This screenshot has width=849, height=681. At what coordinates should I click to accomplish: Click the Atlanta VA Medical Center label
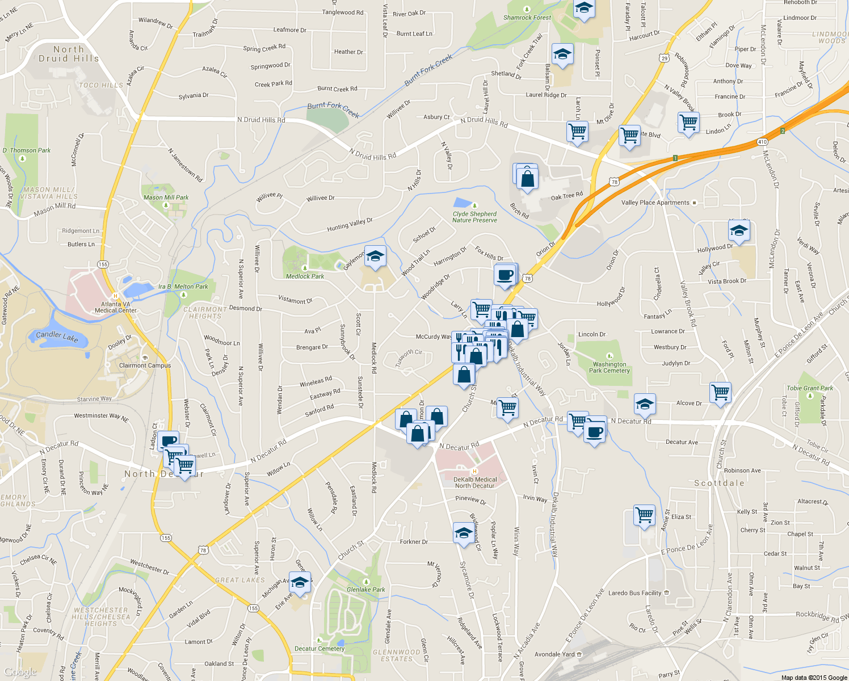[x=116, y=307]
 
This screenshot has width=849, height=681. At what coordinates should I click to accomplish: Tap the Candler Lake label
[x=57, y=336]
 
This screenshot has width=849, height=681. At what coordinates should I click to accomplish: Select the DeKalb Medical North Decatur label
[x=475, y=482]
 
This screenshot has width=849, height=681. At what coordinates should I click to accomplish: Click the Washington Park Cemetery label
[x=610, y=368]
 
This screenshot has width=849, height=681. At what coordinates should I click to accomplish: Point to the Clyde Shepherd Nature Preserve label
[x=474, y=217]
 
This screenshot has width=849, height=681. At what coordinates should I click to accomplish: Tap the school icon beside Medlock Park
[x=375, y=257]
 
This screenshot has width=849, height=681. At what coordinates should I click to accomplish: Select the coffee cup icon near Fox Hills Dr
[x=505, y=275]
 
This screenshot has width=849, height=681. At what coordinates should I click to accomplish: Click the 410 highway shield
[x=762, y=142]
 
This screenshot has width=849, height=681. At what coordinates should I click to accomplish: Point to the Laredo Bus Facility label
[x=634, y=593]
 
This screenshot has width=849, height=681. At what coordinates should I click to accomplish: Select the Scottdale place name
[x=719, y=484]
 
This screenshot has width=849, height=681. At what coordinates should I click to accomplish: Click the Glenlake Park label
[x=365, y=590]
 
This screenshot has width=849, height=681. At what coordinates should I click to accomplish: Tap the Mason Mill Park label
[x=166, y=197]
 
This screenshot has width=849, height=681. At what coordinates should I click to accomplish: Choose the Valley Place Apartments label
[x=655, y=203]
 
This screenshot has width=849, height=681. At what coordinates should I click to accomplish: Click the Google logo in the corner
[x=20, y=672]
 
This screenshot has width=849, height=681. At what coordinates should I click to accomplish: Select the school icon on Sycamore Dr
[x=464, y=533]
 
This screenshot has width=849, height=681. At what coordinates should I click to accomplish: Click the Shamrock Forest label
[x=527, y=18]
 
